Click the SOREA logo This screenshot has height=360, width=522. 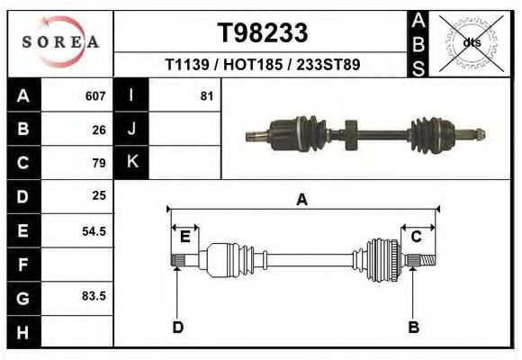pos(60,42)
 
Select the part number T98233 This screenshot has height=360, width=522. pos(263,34)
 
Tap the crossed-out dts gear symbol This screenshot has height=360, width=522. pos(471,41)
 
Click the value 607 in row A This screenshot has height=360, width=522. pos(96,96)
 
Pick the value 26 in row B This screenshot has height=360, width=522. pos(99,130)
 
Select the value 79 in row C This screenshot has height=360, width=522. pos(99,164)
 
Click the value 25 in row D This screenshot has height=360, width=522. pos(99,195)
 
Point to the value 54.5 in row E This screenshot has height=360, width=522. pos(94,230)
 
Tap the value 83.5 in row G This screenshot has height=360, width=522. pos(94,296)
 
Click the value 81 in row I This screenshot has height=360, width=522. pos(207,96)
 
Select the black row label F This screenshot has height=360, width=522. pos(22,265)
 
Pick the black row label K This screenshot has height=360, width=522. pos(131,162)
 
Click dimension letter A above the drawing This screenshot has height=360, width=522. pos(301,200)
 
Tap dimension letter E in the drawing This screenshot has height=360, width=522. pos(184,237)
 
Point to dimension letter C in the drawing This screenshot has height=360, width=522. pos(417,237)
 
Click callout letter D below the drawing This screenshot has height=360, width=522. pos(177,327)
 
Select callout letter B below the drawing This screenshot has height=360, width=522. pos(414,327)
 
